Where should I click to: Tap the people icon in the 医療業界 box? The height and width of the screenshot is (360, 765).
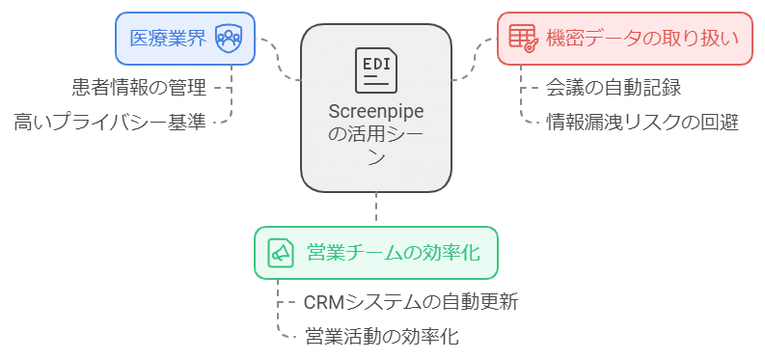(x=228, y=39)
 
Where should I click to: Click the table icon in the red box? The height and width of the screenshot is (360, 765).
(x=522, y=39)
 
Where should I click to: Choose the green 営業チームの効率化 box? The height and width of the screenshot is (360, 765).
(x=375, y=253)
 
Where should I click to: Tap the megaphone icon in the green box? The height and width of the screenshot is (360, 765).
(x=280, y=253)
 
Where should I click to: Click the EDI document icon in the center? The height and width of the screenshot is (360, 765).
(x=375, y=69)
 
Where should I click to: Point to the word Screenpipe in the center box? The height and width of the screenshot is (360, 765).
(x=375, y=112)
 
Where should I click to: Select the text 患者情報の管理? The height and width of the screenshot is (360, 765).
(x=139, y=88)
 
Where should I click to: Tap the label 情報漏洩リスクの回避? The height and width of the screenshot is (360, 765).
(x=642, y=123)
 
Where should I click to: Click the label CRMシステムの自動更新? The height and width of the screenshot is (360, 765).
(x=411, y=302)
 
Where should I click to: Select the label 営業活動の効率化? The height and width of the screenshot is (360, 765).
(x=381, y=337)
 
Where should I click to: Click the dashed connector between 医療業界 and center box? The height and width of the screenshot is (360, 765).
(x=279, y=60)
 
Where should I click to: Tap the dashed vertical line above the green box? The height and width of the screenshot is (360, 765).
(x=375, y=208)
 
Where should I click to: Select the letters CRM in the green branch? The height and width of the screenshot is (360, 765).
(x=324, y=302)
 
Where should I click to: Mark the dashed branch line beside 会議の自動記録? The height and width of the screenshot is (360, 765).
(x=529, y=86)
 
